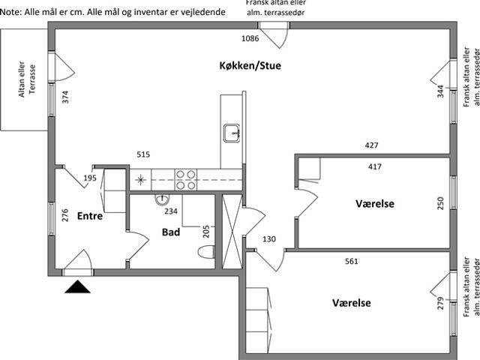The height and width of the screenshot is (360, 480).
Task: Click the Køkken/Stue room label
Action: click(250, 65)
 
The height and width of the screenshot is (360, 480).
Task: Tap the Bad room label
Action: click(171, 232)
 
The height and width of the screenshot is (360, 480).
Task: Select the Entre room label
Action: click(90, 216)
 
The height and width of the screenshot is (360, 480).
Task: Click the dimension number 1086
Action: click(250, 38)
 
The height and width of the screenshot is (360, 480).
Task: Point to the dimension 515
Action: click(143, 154)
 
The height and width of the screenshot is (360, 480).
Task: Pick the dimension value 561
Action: click(352, 261)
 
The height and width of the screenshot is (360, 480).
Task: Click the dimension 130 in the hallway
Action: click(269, 239)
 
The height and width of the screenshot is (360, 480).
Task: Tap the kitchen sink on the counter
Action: click(232, 133)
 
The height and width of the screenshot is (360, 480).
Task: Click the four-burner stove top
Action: click(186, 180)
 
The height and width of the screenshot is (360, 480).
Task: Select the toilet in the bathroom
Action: click(206, 252)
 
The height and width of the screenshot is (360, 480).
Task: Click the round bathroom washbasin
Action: click(162, 199)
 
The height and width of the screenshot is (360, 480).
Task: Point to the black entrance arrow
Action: click(77, 286)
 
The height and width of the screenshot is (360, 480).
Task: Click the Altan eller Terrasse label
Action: click(27, 79)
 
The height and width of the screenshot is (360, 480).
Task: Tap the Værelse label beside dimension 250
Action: click(375, 203)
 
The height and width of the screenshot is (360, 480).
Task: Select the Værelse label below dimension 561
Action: click(352, 303)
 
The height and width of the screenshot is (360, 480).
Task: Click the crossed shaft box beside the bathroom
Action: click(232, 232)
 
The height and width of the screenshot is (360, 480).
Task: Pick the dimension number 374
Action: click(65, 97)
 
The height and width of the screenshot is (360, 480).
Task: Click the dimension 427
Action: click(371, 145)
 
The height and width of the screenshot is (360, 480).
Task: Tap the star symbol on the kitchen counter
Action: click(140, 180)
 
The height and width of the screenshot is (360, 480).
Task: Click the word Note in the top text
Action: click(10, 12)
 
